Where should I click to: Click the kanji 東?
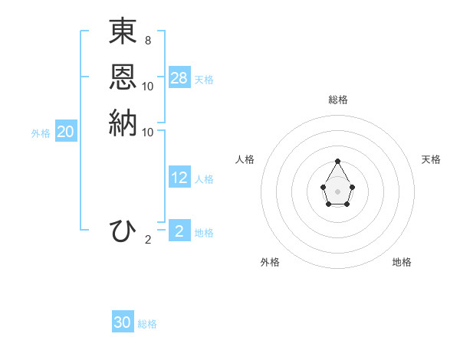[x=123, y=31]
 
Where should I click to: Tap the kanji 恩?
[x=123, y=77]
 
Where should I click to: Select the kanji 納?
[x=123, y=123]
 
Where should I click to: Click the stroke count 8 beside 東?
[x=147, y=40]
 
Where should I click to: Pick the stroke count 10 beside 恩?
[x=148, y=86]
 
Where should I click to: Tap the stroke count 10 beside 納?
[x=148, y=132]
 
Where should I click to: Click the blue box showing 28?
[x=179, y=78]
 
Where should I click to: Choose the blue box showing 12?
[x=179, y=178]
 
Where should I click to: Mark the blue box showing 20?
[x=66, y=132]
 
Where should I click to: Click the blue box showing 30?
[x=123, y=322]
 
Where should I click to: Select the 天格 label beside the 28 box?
[x=204, y=80]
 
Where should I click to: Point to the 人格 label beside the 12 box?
[x=204, y=179]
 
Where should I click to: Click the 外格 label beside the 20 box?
[x=41, y=133]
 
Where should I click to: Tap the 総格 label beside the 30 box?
[x=147, y=324]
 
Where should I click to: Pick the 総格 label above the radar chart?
[x=338, y=100]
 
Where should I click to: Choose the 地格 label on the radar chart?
[x=402, y=262]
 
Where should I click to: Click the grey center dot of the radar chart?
[x=337, y=191]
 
